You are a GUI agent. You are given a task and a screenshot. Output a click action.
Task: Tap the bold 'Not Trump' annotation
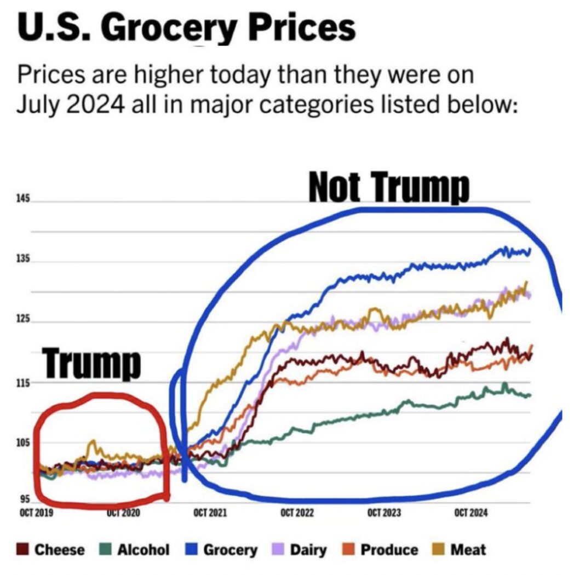(x=389, y=188)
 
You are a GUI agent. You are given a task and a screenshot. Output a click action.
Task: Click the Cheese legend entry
(x=53, y=550)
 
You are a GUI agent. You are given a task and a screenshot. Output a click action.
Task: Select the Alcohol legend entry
(x=136, y=550)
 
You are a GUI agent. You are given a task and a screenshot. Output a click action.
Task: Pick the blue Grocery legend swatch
(x=191, y=550)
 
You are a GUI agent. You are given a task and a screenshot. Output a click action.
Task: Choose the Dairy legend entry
(x=300, y=550)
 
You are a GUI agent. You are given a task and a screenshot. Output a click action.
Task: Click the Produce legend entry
(x=382, y=550)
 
